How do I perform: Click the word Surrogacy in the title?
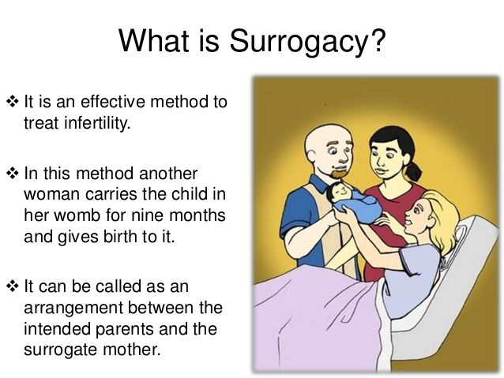tap(299, 42)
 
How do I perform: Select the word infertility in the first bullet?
tap(97, 123)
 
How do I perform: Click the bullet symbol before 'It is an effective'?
tap(12, 102)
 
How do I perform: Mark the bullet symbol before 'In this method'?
tap(12, 174)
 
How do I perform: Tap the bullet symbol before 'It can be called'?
tap(12, 286)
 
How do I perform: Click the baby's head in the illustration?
tap(338, 192)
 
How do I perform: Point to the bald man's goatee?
tap(338, 174)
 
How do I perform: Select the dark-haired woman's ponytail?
tap(414, 171)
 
